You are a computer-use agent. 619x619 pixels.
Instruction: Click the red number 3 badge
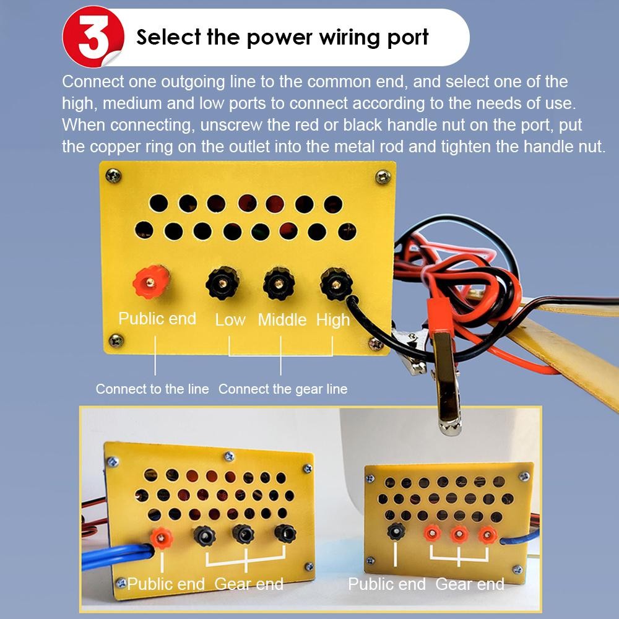coord(93,37)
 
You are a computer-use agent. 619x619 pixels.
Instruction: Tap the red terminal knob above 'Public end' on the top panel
coord(151,282)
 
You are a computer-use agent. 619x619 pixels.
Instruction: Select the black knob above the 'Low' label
coord(223,283)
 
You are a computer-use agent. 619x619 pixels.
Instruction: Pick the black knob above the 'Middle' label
coord(279,284)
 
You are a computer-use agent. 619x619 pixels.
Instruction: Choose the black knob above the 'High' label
coord(336,284)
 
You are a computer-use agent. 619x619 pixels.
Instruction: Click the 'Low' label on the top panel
coord(230,320)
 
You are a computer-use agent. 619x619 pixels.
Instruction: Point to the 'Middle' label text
coord(282,320)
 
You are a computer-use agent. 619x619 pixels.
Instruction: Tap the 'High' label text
coord(333,320)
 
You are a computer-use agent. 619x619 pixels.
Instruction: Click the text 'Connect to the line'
coord(152,389)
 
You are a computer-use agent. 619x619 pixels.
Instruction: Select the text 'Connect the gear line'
coord(283,389)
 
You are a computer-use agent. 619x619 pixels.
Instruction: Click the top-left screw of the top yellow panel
coord(114,175)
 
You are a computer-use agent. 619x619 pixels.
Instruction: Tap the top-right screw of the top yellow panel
coord(383,177)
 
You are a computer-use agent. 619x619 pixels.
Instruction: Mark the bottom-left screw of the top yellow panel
coord(116,340)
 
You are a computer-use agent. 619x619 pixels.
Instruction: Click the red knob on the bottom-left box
coord(162,537)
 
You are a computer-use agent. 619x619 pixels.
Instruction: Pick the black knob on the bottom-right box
coord(396,530)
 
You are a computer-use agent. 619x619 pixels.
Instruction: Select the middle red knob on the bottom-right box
coord(459,535)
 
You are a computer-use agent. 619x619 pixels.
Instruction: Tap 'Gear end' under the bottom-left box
coord(249,584)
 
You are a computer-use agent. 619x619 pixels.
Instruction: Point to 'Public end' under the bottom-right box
coord(387,584)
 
